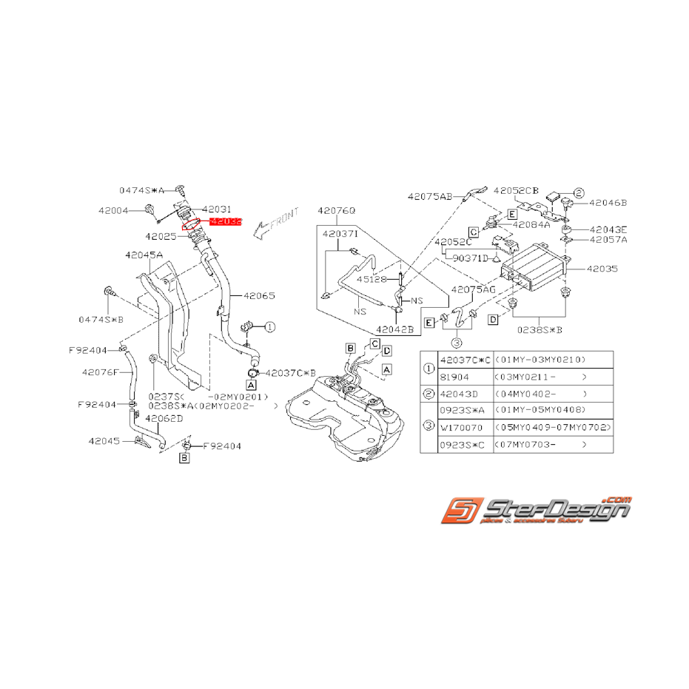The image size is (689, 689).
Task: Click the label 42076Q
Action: (337, 211)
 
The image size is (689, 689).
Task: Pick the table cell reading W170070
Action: (461, 427)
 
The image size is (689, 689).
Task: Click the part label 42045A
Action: (144, 255)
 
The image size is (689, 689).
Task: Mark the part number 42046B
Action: (608, 201)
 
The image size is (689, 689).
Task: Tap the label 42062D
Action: (164, 419)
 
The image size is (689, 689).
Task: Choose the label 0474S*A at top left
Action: (142, 189)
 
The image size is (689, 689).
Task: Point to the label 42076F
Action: (101, 372)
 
